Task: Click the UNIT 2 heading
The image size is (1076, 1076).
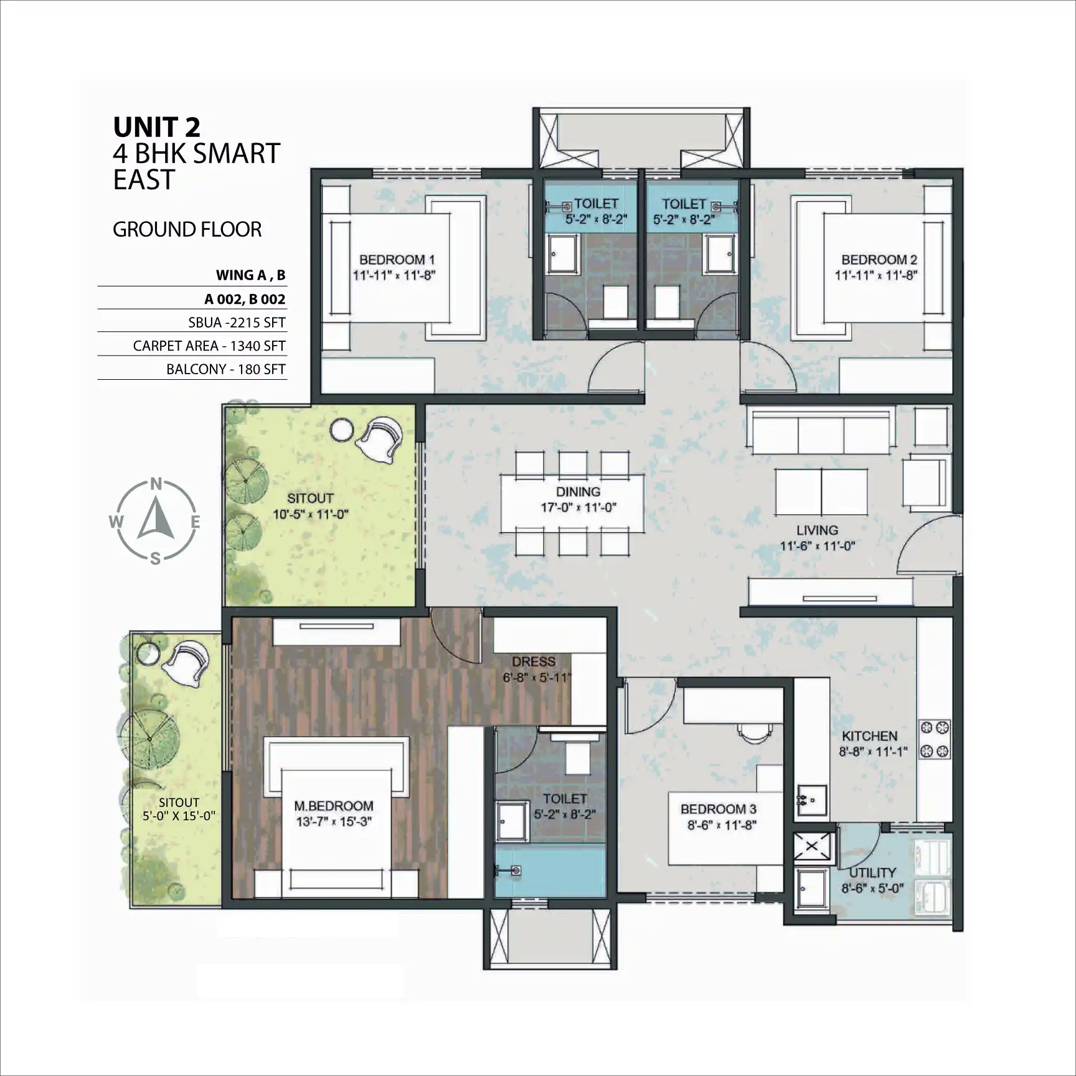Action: (x=157, y=127)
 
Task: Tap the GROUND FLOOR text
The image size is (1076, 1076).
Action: (x=187, y=230)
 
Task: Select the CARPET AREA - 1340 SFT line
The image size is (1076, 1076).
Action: (x=209, y=346)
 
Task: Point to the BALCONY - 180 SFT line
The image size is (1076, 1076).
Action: (x=226, y=369)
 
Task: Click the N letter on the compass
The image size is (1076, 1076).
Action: (x=156, y=484)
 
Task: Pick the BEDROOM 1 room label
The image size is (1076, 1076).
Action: (x=397, y=260)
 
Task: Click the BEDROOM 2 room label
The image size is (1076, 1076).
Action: (x=879, y=260)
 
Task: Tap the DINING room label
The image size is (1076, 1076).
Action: (x=578, y=492)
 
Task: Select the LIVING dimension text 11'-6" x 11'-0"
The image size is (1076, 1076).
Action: (x=818, y=546)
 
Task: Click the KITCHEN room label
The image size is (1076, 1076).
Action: (x=870, y=736)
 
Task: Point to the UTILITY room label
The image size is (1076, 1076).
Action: (x=872, y=872)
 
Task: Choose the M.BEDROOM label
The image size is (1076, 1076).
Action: (x=334, y=806)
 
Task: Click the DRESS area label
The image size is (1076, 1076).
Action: (x=534, y=662)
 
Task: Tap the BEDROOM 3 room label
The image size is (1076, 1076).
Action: (x=719, y=809)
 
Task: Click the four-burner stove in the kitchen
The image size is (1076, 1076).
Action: (x=935, y=739)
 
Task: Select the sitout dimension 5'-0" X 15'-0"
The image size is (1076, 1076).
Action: (x=179, y=816)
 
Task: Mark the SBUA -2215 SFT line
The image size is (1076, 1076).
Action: (x=237, y=323)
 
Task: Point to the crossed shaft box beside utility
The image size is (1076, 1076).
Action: (x=813, y=847)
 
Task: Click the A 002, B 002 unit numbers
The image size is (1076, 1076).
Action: (x=245, y=300)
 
